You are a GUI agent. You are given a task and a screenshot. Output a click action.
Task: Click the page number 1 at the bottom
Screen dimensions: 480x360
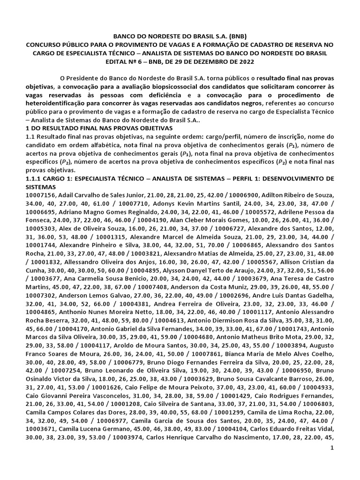[x=332, y=474]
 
